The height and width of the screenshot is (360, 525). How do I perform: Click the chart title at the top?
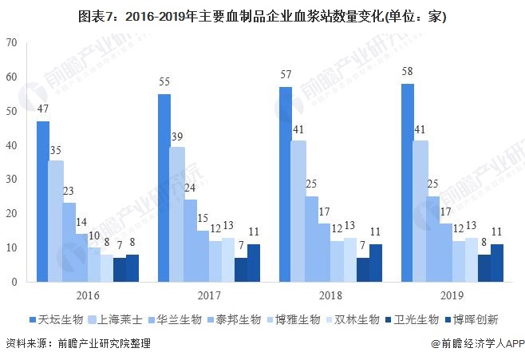click(262, 15)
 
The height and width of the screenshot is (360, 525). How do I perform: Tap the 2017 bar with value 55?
click(164, 188)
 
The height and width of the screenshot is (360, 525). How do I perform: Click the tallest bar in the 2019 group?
click(407, 183)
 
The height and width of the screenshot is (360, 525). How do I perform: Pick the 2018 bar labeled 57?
click(285, 184)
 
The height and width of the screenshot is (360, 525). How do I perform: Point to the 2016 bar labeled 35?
click(56, 221)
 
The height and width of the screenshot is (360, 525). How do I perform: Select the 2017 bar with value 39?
click(176, 214)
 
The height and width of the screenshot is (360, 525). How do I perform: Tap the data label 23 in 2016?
click(69, 192)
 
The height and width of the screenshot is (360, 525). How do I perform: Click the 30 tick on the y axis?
click(10, 180)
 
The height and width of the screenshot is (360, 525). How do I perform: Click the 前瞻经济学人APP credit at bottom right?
click(476, 344)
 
